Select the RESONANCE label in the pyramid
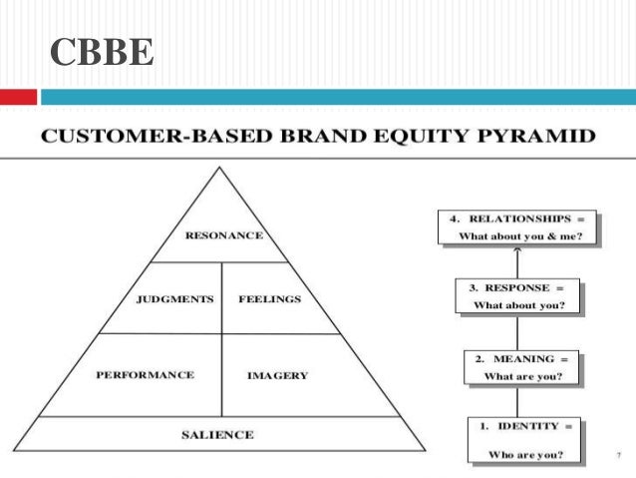(x=224, y=237)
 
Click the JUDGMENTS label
(x=174, y=298)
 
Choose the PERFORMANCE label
(x=145, y=375)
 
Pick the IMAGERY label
(x=277, y=376)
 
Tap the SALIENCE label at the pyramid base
(x=217, y=434)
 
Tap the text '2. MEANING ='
(x=522, y=357)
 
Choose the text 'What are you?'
(x=522, y=376)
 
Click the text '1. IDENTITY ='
(x=523, y=426)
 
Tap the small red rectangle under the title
(x=18, y=97)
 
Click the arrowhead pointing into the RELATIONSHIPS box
(x=518, y=249)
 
